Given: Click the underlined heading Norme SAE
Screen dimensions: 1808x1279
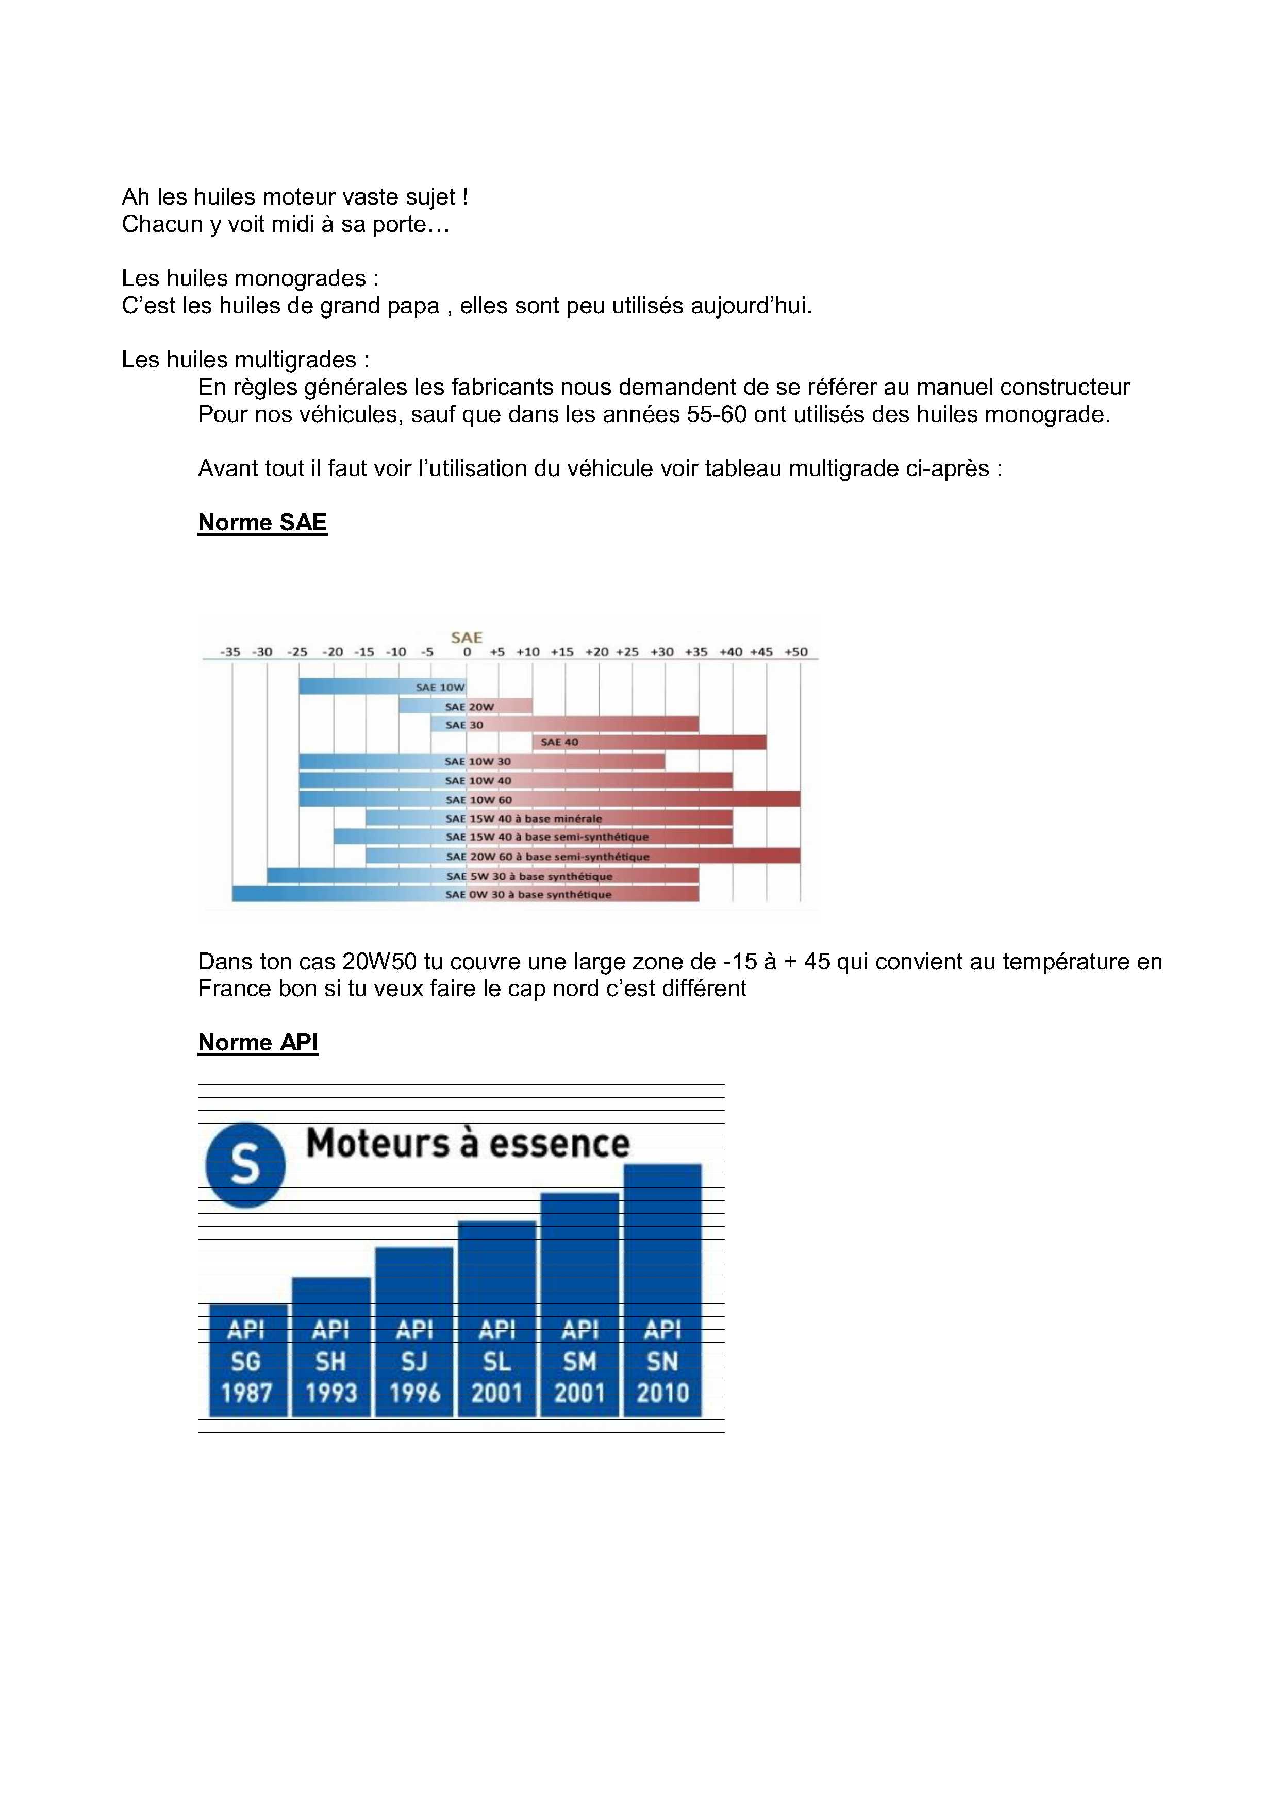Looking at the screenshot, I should (x=262, y=523).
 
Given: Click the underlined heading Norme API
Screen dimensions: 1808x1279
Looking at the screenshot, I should (x=258, y=1043).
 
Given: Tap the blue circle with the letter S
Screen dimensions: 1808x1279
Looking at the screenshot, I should (x=245, y=1165).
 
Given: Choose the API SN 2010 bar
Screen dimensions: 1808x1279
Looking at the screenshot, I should (x=662, y=1292).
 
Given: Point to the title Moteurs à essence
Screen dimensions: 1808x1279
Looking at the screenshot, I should (x=468, y=1143).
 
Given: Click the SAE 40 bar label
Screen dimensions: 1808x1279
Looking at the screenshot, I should (x=559, y=742).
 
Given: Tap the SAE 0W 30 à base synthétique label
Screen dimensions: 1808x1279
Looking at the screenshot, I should (x=528, y=895).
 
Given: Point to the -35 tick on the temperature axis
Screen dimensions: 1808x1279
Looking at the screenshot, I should (x=230, y=652).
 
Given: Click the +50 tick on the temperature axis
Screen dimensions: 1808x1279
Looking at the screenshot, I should (x=796, y=652).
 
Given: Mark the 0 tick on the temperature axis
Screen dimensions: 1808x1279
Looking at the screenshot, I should (x=467, y=652).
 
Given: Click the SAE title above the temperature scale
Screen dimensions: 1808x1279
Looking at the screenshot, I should (x=466, y=637).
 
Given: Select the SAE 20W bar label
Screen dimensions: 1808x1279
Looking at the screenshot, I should (x=470, y=707).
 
